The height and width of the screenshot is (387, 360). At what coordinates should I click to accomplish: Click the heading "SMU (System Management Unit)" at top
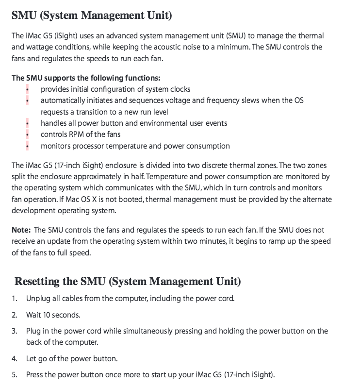[x=91, y=16]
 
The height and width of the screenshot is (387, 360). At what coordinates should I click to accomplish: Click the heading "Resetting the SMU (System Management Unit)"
[x=127, y=282]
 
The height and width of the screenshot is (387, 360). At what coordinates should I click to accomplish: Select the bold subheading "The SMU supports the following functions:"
[x=86, y=78]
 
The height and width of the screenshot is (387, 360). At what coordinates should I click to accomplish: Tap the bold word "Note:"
[x=21, y=230]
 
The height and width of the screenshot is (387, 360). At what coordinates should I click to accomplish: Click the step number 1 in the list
[x=15, y=298]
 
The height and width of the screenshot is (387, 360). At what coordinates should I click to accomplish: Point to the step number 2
[x=15, y=315]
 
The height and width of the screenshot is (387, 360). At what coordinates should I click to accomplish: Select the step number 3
[x=15, y=331]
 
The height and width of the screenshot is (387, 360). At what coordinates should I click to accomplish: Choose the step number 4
[x=15, y=359]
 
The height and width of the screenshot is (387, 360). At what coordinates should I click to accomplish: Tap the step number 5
[x=15, y=375]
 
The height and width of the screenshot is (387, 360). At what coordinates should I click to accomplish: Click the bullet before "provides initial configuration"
[x=28, y=89]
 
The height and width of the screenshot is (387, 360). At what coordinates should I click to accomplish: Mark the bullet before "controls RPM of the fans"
[x=28, y=135]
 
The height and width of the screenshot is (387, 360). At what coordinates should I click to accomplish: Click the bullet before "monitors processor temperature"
[x=28, y=146]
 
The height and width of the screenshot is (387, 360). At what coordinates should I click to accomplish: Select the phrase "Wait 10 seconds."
[x=53, y=315]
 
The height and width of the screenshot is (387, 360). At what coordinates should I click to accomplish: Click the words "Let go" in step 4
[x=37, y=359]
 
